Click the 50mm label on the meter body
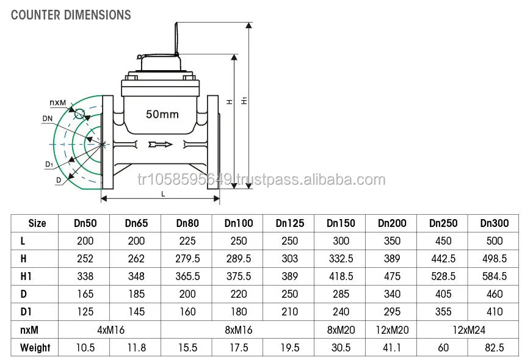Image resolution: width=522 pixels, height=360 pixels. [x=162, y=115]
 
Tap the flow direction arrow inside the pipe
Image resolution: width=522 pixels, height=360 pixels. [x=160, y=145]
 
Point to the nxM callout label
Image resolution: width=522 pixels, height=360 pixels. [x=58, y=103]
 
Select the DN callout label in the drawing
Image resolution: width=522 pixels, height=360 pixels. [x=48, y=118]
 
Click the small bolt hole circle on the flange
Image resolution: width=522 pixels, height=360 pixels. [x=79, y=113]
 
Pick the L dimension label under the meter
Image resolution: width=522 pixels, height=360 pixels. [x=163, y=194]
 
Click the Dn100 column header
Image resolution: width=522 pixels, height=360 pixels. [x=239, y=223]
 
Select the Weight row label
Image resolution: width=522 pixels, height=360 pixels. [x=35, y=348]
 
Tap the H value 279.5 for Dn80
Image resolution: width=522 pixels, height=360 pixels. [x=188, y=259]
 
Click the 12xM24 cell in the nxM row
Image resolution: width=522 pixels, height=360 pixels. [x=469, y=330]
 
